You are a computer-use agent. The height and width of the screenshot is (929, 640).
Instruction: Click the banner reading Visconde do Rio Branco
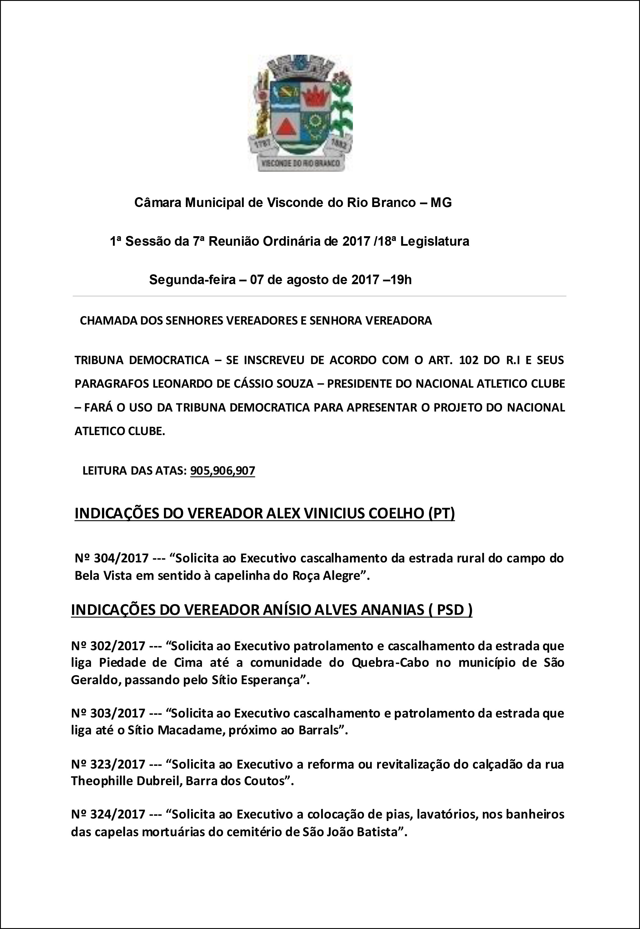coord(300,163)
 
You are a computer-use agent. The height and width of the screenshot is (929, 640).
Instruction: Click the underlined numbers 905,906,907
coord(222,470)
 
